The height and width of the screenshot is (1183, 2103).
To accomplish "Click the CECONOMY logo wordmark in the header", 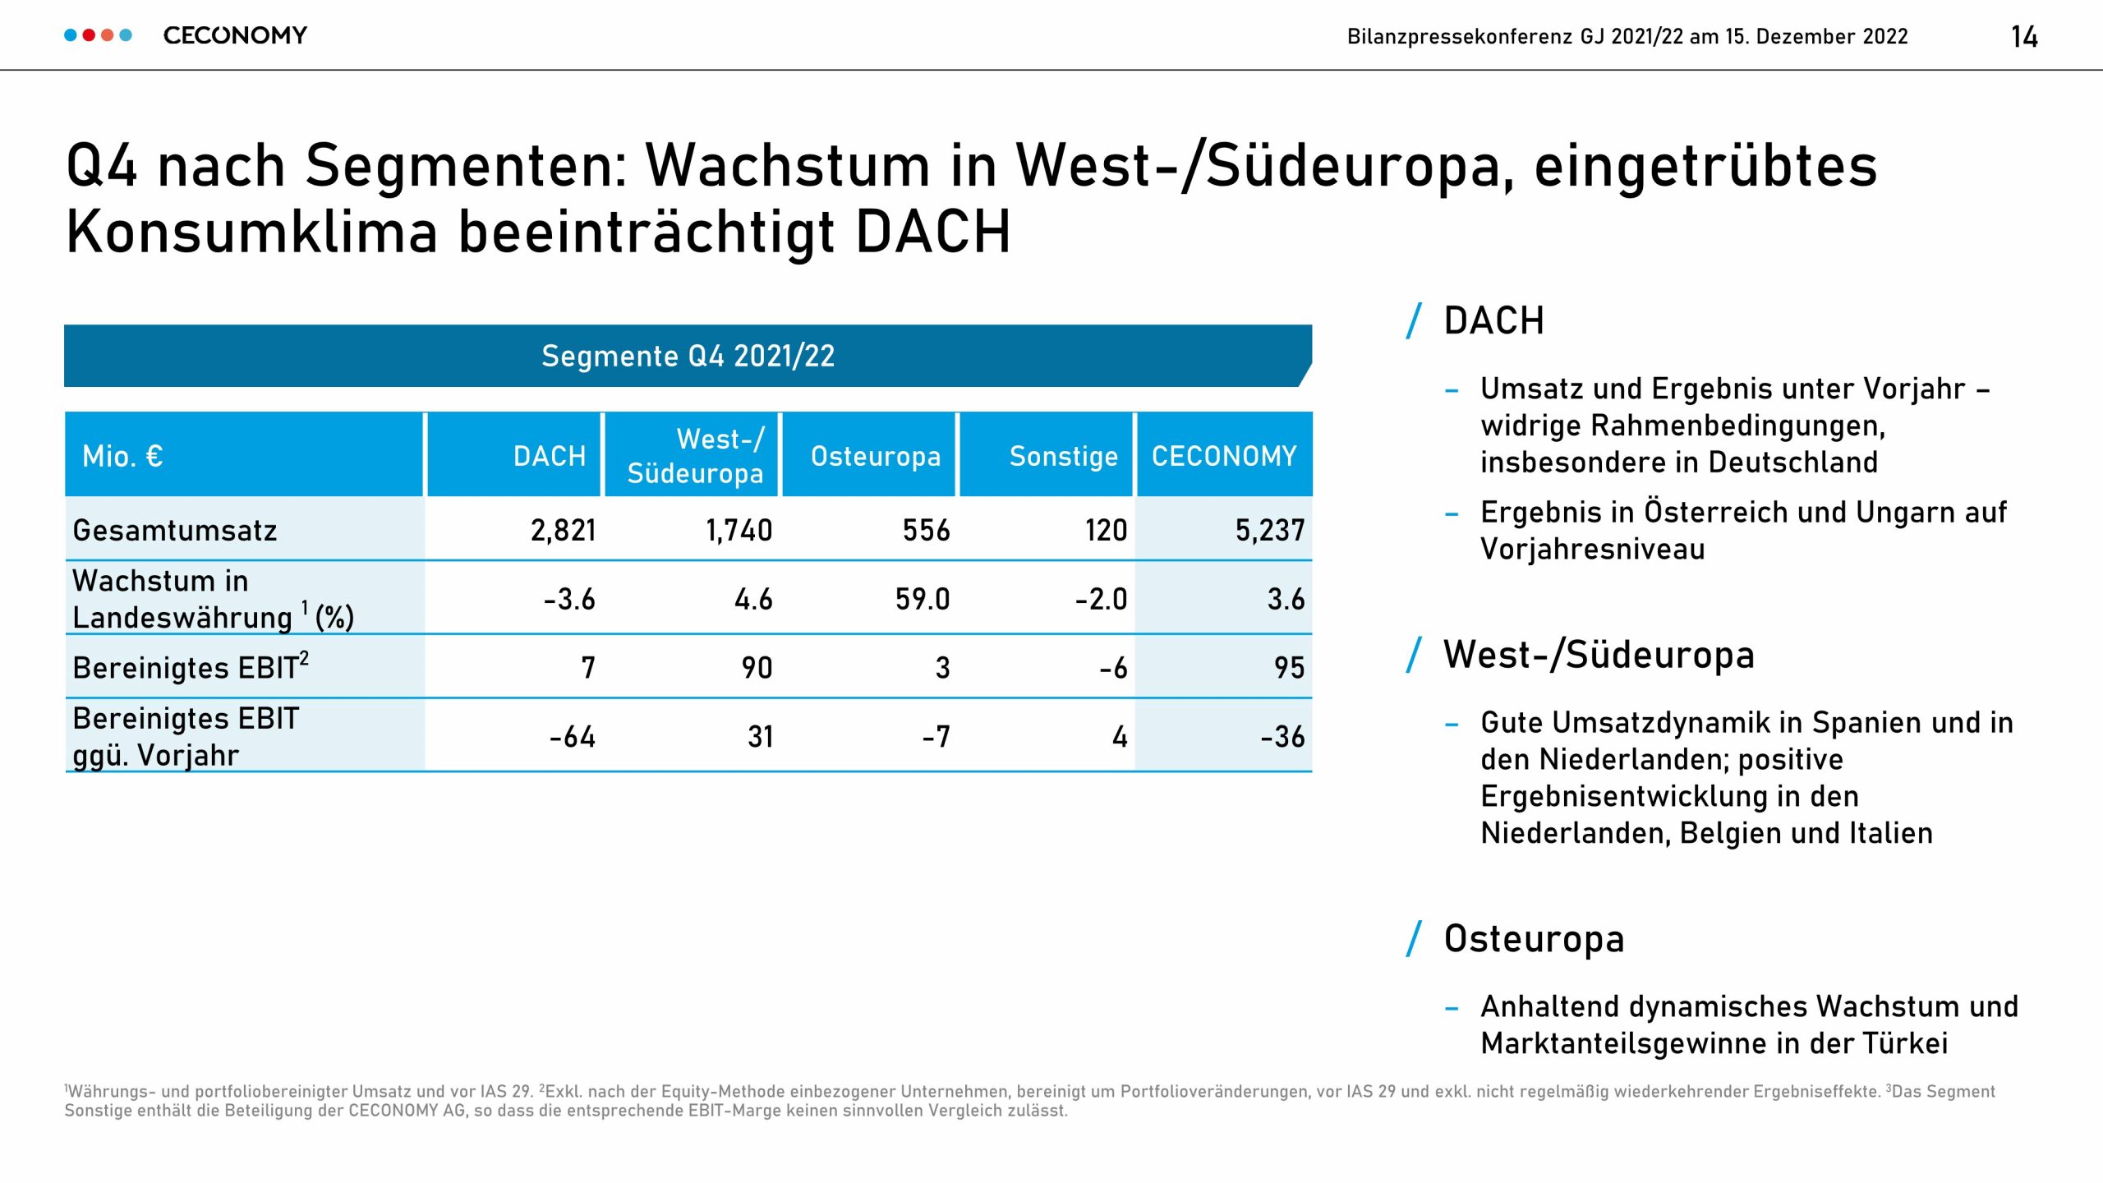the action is pyautogui.click(x=235, y=35).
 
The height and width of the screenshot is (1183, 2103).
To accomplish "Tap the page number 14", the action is pyautogui.click(x=2024, y=37).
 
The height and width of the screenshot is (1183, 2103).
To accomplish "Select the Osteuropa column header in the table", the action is pyautogui.click(x=876, y=456).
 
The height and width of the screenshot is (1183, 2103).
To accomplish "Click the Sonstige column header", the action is pyautogui.click(x=1064, y=456).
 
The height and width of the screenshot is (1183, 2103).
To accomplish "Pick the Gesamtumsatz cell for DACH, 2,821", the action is pyautogui.click(x=564, y=530).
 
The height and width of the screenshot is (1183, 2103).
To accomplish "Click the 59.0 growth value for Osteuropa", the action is pyautogui.click(x=923, y=599).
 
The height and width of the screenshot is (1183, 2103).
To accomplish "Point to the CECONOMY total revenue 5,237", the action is pyautogui.click(x=1270, y=530).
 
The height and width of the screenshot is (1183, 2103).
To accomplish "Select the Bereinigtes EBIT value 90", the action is pyautogui.click(x=757, y=667).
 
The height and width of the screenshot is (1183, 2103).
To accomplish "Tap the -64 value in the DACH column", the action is pyautogui.click(x=573, y=736).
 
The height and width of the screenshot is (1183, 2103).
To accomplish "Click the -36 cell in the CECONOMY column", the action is pyautogui.click(x=1282, y=736).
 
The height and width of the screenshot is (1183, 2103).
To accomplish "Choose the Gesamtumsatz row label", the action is pyautogui.click(x=175, y=530).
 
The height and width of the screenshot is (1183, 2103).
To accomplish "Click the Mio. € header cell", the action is pyautogui.click(x=122, y=456).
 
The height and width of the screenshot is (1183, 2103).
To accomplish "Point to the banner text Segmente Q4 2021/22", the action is pyautogui.click(x=688, y=356).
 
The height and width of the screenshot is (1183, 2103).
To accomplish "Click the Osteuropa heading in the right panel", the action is pyautogui.click(x=1534, y=938).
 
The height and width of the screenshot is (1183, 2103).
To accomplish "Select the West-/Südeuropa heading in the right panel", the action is pyautogui.click(x=1599, y=655).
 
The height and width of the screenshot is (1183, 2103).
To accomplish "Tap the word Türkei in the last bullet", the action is pyautogui.click(x=1905, y=1043).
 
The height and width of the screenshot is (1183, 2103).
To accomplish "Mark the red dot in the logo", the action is pyautogui.click(x=89, y=35).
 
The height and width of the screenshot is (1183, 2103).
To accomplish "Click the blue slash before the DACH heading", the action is pyautogui.click(x=1414, y=320).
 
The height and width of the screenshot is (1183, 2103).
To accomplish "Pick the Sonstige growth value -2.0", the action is pyautogui.click(x=1101, y=599).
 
